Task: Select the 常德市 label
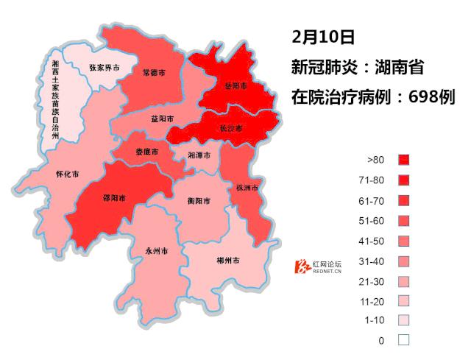click(x=154, y=73)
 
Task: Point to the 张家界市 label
click(x=104, y=68)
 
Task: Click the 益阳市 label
click(x=162, y=119)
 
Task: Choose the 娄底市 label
click(x=146, y=152)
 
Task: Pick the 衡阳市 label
click(x=199, y=201)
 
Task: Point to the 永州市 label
click(x=157, y=251)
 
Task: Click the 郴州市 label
click(x=227, y=261)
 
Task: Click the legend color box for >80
click(x=403, y=159)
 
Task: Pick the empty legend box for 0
click(x=403, y=340)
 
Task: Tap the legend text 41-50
click(x=376, y=240)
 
